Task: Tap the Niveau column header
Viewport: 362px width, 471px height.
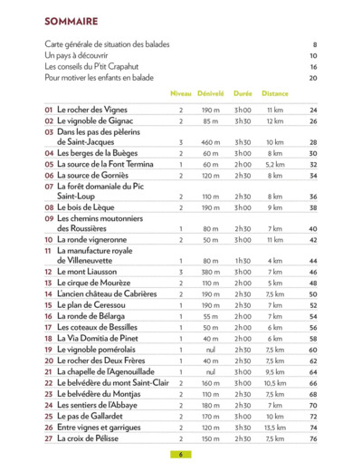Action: pos(181,92)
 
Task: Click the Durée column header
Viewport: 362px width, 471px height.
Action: pos(243,92)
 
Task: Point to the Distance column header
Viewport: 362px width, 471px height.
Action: pos(275,92)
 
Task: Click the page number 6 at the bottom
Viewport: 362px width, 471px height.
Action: pos(181,455)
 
